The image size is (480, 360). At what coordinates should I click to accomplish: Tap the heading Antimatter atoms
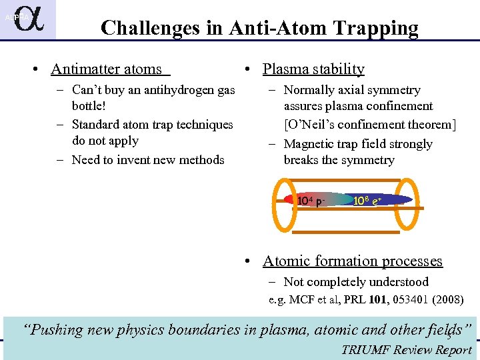[106, 69]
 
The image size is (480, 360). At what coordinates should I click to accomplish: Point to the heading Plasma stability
[313, 69]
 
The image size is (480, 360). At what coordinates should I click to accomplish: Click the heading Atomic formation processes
[352, 261]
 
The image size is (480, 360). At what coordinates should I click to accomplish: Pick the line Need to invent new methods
[148, 159]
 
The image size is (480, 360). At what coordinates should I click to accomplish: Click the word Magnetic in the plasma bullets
[309, 144]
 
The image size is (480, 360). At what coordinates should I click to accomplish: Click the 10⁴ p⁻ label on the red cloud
[311, 201]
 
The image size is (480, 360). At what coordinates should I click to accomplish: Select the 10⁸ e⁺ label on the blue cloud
[367, 200]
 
